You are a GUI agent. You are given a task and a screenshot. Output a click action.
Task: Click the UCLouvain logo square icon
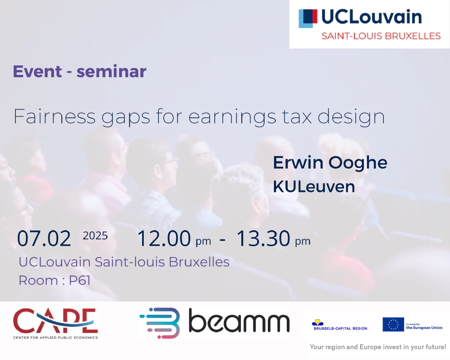coord(308,19)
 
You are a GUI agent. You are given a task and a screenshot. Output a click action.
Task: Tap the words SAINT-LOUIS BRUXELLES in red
coord(381,36)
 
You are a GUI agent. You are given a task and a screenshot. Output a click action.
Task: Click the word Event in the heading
coord(37,71)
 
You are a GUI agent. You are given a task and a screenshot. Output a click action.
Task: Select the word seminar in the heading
coord(111,71)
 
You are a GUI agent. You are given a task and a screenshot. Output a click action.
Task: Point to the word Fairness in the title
coord(55,116)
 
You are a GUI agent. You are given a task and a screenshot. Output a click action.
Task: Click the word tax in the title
coord(297,116)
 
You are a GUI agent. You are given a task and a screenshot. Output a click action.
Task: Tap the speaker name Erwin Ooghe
coord(330,163)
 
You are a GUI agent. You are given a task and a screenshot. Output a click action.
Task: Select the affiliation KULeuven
coord(314,187)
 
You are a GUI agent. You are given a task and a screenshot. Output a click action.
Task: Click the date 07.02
coord(44,238)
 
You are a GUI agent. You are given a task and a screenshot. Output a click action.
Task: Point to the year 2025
coord(95,236)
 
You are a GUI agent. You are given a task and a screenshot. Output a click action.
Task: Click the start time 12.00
coord(164,238)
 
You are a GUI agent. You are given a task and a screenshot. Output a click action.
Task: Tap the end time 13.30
coord(263,238)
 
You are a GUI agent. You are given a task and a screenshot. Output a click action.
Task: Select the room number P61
coord(80,281)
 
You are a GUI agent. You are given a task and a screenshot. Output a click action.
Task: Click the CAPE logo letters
coord(56,320)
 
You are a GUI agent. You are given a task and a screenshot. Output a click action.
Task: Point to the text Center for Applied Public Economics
coord(56,337)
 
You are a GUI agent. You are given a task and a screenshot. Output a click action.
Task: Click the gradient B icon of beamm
coord(160,323)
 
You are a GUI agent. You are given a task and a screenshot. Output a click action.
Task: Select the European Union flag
coord(393,324)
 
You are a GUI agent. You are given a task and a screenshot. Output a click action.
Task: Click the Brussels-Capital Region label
coord(341,328)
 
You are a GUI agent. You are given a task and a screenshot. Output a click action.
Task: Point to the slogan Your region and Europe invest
coord(378,347)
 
